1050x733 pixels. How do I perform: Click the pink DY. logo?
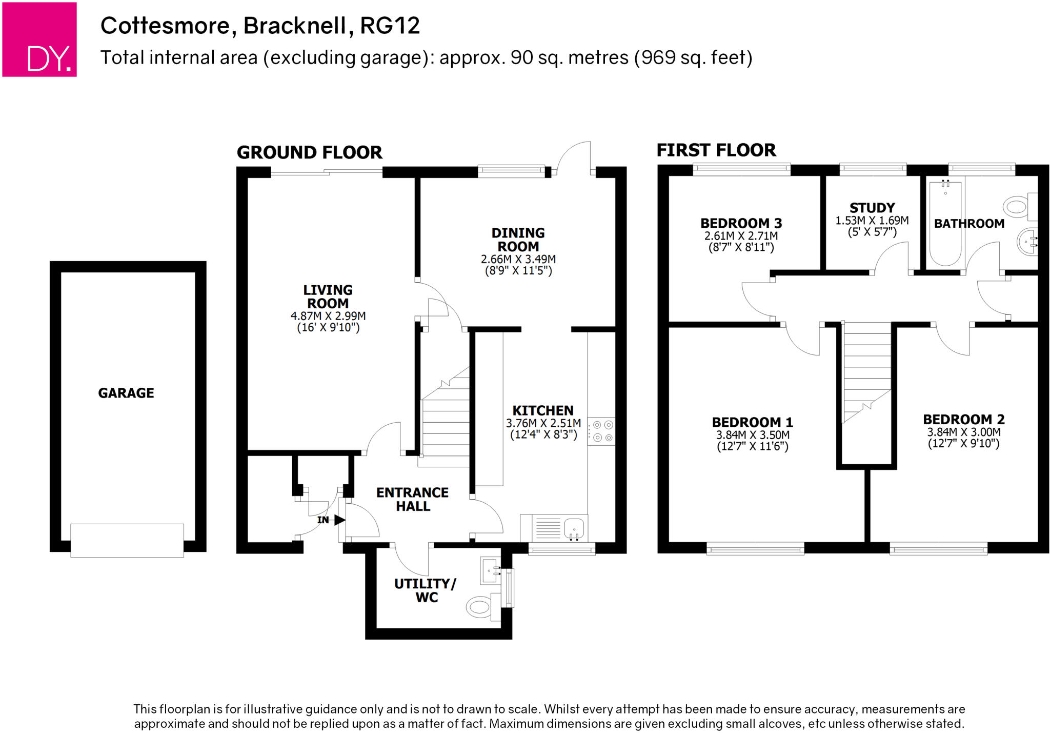pyautogui.click(x=39, y=39)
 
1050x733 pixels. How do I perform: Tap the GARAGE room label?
pyautogui.click(x=126, y=393)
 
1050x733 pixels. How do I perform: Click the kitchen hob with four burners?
pyautogui.click(x=602, y=431)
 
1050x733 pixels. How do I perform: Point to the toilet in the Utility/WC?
pyautogui.click(x=480, y=606)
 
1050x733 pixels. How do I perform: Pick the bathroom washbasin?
pyautogui.click(x=1027, y=242)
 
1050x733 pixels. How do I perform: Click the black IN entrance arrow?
pyautogui.click(x=339, y=520)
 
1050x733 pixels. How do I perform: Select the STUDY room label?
pyautogui.click(x=872, y=208)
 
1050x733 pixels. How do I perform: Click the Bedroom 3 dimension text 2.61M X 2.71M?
pyautogui.click(x=741, y=236)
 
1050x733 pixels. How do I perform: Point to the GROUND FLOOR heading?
pyautogui.click(x=309, y=152)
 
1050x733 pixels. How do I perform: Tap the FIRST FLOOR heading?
pyautogui.click(x=716, y=150)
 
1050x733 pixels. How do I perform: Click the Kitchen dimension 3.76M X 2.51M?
pyautogui.click(x=543, y=423)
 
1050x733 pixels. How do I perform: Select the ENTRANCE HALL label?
pyautogui.click(x=412, y=499)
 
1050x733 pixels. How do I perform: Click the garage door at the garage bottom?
pyautogui.click(x=127, y=540)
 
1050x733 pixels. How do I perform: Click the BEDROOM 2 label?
pyautogui.click(x=963, y=419)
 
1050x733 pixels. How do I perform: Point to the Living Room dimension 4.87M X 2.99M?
pyautogui.click(x=328, y=316)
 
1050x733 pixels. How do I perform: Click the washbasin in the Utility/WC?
pyautogui.click(x=490, y=570)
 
